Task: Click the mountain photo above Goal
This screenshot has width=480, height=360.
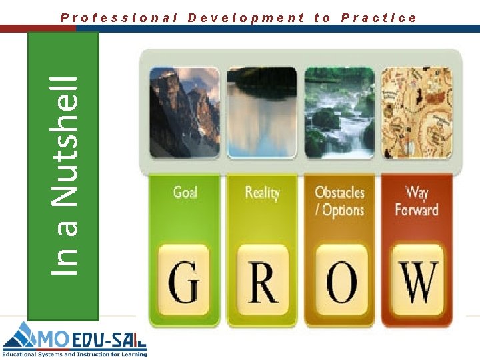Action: click(x=184, y=113)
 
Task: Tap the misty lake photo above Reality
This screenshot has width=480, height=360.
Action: click(x=261, y=113)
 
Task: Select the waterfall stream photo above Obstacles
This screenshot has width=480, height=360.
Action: click(x=339, y=113)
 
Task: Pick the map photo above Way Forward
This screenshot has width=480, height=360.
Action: click(x=417, y=113)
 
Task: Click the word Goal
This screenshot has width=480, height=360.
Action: click(x=185, y=193)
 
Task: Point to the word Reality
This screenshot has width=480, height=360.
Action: click(x=262, y=193)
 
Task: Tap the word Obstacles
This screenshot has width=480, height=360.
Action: click(x=340, y=193)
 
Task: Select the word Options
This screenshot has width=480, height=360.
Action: click(x=343, y=210)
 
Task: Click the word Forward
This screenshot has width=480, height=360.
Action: click(x=417, y=210)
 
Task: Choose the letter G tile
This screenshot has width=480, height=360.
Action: click(x=184, y=281)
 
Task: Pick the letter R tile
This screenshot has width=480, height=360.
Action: click(x=262, y=281)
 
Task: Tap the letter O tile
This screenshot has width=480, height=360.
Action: click(x=341, y=281)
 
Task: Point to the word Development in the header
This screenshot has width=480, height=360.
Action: click(x=246, y=18)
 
